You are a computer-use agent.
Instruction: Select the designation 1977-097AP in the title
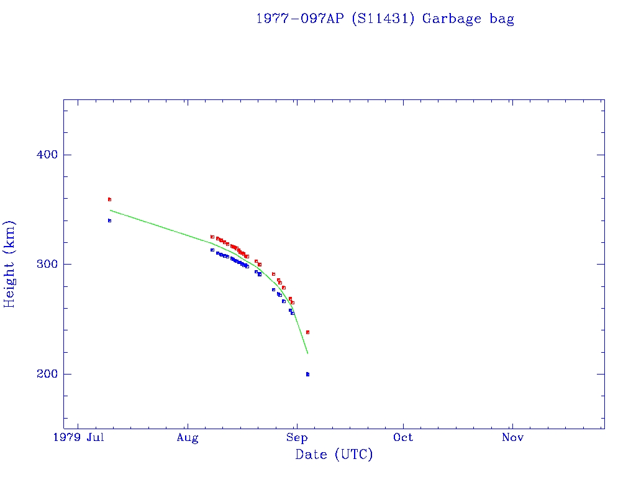pos(301,19)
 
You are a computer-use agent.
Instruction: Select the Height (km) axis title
pos(10,264)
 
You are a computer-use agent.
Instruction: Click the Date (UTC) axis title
pos(334,455)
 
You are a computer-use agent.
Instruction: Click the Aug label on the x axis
pos(187,438)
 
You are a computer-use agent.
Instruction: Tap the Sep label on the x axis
pos(297,438)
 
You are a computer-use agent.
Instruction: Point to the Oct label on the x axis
pos(403,438)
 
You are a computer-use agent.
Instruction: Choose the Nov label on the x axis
pos(512,438)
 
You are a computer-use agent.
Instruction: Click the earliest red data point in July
pos(109,199)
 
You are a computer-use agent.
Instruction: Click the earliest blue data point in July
pos(109,220)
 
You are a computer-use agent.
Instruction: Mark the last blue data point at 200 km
pos(307,374)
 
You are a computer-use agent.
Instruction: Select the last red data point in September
pos(307,332)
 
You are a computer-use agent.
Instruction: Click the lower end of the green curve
pos(307,353)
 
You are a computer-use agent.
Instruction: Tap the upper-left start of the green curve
pos(111,211)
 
